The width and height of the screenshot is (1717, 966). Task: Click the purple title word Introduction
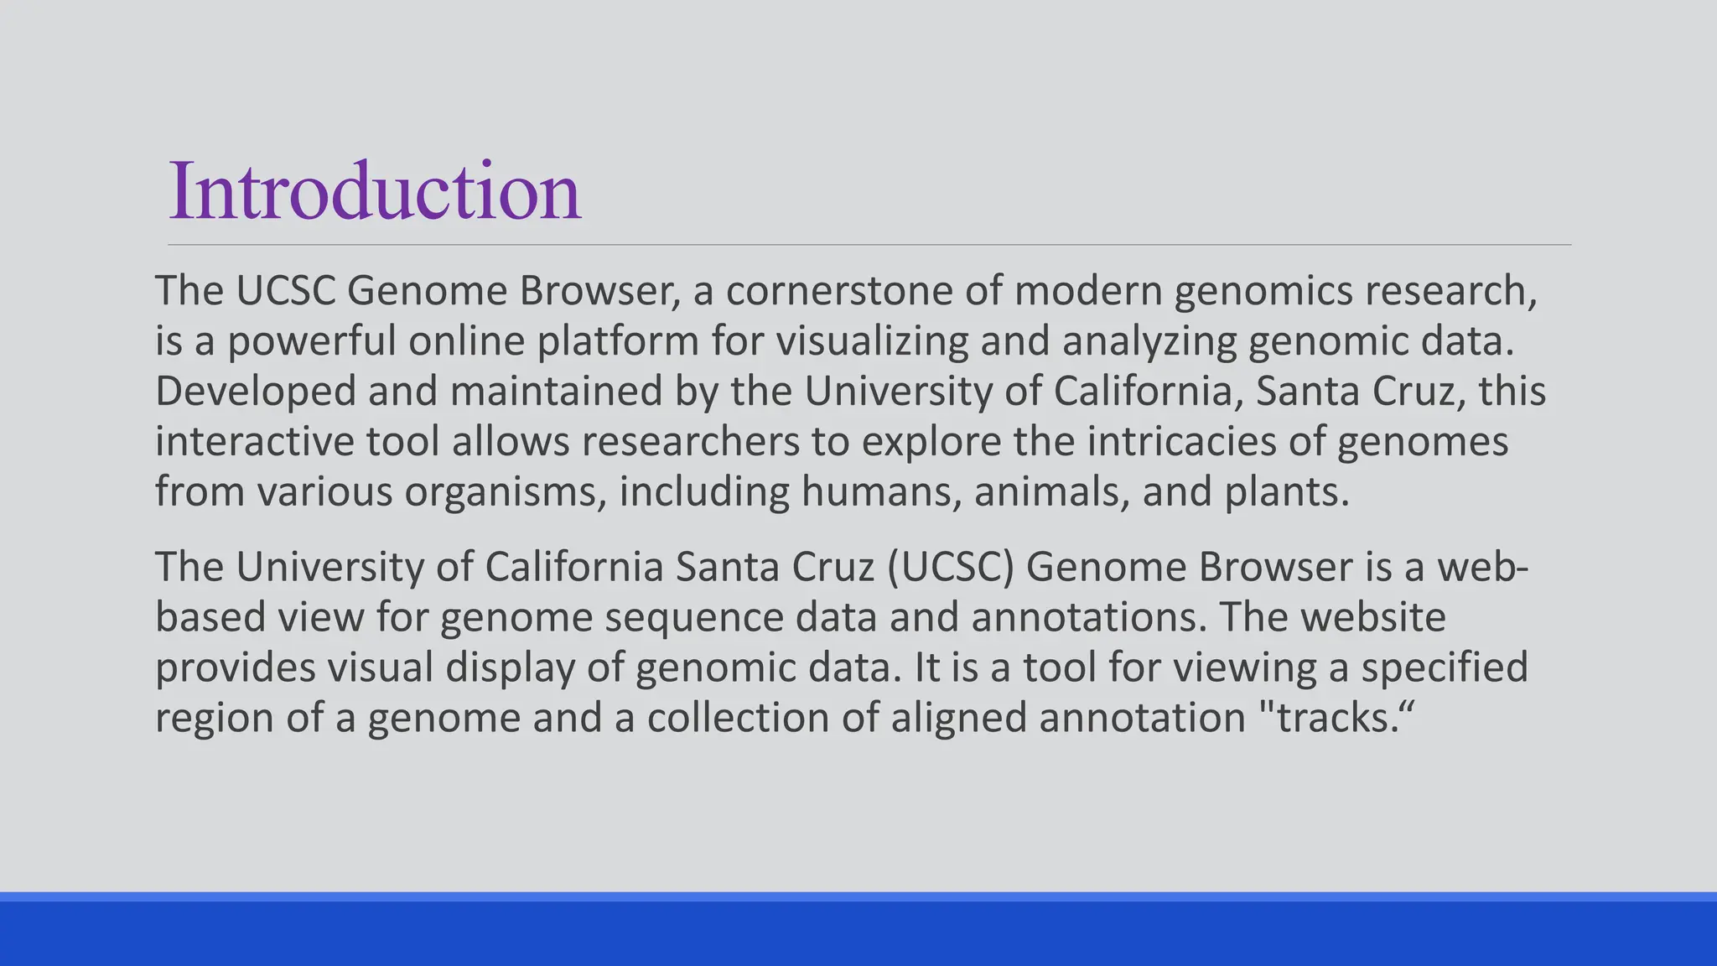[375, 192]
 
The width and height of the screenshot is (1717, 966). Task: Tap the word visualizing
[871, 341]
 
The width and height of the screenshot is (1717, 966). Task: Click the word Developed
[255, 392]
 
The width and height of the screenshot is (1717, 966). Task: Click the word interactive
[255, 442]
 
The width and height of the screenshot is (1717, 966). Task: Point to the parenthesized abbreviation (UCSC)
[950, 568]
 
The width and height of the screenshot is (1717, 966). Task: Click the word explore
[931, 442]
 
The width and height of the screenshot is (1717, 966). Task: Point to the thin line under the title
[869, 245]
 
